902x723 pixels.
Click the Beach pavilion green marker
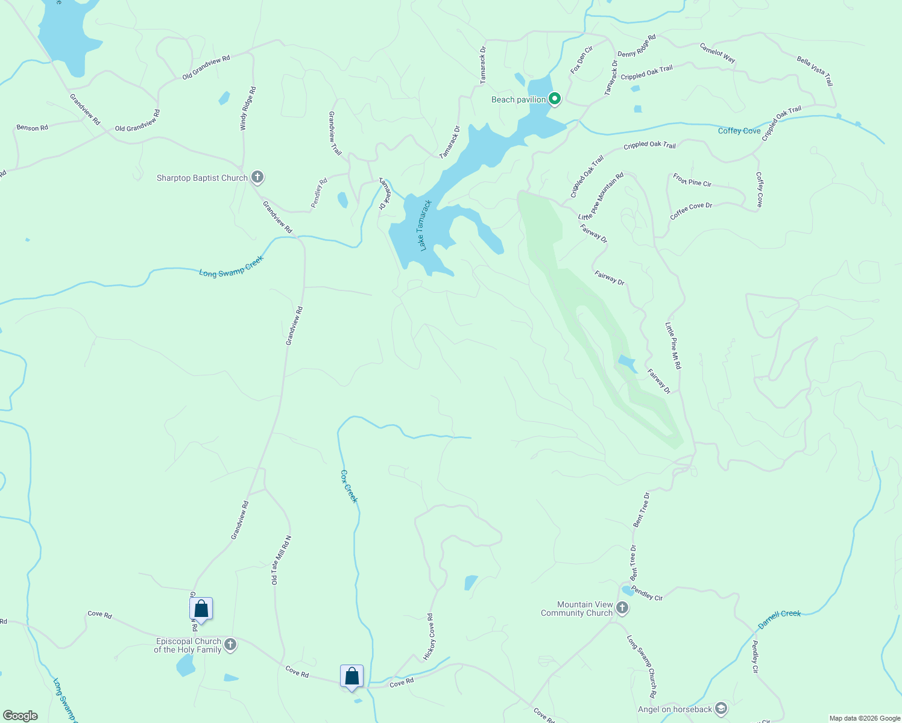[555, 99]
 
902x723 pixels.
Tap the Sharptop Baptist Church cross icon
[257, 177]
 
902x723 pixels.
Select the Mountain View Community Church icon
[623, 609]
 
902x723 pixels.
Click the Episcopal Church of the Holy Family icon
[230, 645]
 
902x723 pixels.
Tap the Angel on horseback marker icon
[721, 709]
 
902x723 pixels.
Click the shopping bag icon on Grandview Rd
[201, 609]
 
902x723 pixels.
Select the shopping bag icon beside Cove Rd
[352, 677]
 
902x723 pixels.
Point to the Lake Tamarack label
[422, 225]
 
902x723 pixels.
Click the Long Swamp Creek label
[232, 266]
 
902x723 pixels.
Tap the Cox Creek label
[349, 486]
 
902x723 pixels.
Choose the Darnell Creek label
[779, 619]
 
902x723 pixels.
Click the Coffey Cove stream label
[739, 131]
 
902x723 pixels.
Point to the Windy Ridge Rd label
[248, 108]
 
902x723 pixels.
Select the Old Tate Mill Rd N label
[281, 560]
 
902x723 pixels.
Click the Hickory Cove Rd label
[429, 637]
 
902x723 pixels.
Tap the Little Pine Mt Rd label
[673, 345]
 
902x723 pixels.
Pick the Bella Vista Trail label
[815, 70]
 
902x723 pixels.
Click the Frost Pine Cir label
[692, 180]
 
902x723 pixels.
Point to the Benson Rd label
[32, 128]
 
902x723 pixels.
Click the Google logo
[20, 716]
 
